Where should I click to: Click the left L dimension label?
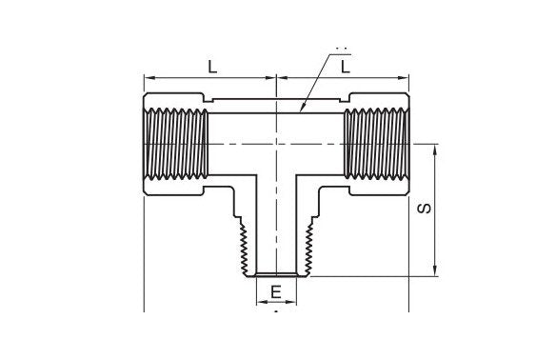tap(212, 66)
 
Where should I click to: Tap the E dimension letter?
tap(275, 291)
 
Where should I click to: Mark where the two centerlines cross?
tap(275, 143)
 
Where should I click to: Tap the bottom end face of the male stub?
tap(275, 276)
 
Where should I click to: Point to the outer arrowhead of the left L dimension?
tap(147, 78)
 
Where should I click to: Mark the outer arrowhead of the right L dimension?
tap(406, 78)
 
